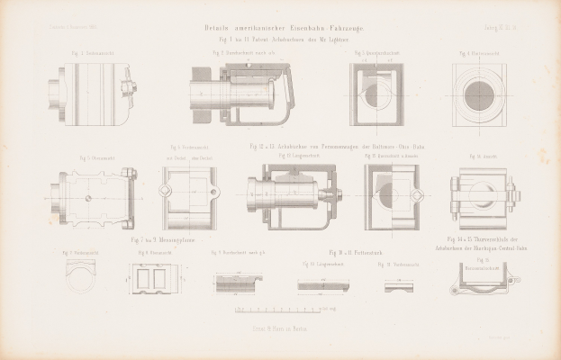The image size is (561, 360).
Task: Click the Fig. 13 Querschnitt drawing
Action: point(390,196)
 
